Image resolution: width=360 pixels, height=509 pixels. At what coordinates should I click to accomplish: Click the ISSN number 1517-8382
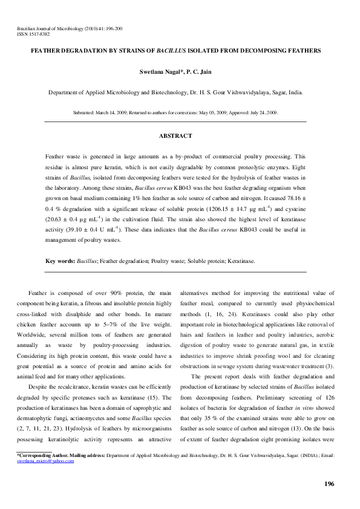38,34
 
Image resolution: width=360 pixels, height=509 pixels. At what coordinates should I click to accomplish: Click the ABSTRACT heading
175,136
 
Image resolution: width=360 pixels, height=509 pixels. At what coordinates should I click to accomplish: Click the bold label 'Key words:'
61,261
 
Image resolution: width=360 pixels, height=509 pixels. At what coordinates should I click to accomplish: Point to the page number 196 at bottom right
329,484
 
